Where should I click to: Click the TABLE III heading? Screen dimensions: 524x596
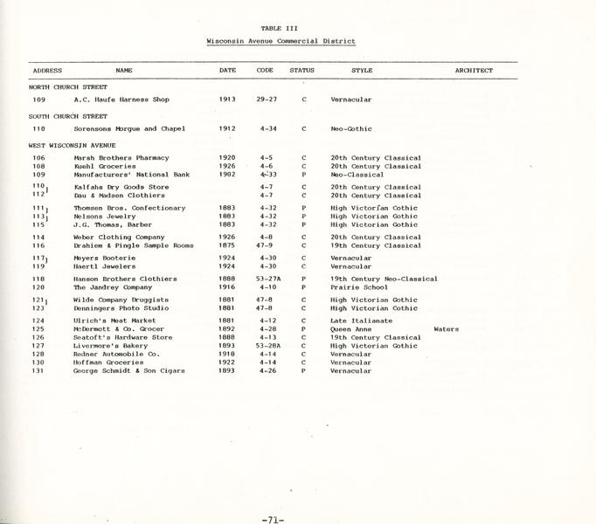[280, 28]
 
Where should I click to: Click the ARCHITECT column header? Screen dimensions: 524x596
[474, 71]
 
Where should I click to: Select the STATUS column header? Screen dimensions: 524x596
[302, 71]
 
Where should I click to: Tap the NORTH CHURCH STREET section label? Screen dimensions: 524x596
[68, 87]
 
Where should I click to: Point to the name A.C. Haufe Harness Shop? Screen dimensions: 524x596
[121, 100]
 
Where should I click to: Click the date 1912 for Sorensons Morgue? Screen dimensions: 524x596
[227, 128]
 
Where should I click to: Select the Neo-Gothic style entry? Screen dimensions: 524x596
[351, 128]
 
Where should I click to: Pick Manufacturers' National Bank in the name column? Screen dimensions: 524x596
[132, 175]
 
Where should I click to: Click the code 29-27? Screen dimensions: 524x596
[267, 100]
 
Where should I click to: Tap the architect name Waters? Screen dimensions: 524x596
[446, 329]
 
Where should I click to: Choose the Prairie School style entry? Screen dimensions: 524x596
[359, 287]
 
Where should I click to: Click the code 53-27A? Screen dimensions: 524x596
[268, 279]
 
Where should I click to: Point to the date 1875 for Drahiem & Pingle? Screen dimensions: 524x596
[227, 246]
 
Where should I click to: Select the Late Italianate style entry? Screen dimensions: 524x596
[362, 321]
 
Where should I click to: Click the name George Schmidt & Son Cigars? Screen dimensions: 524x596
[128, 371]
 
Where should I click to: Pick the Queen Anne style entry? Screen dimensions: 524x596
[351, 329]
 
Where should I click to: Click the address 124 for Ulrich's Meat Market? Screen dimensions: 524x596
[38, 321]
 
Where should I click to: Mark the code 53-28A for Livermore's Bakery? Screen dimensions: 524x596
[268, 346]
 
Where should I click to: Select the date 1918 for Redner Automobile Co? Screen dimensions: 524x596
[227, 355]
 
